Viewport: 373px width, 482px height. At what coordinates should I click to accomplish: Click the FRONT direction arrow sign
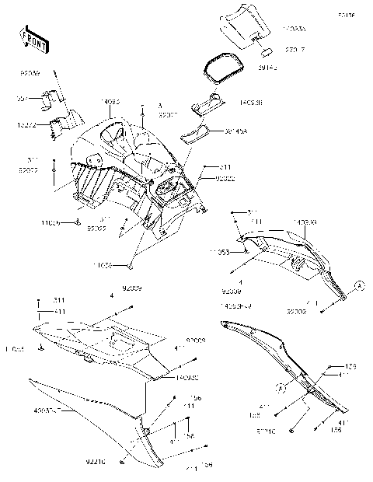[32, 40]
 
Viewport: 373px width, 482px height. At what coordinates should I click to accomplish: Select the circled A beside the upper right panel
[358, 285]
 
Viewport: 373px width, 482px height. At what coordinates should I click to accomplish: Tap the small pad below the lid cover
[263, 54]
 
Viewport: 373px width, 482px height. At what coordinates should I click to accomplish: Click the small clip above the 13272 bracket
[52, 98]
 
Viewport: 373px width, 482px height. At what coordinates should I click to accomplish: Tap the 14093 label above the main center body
[112, 100]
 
